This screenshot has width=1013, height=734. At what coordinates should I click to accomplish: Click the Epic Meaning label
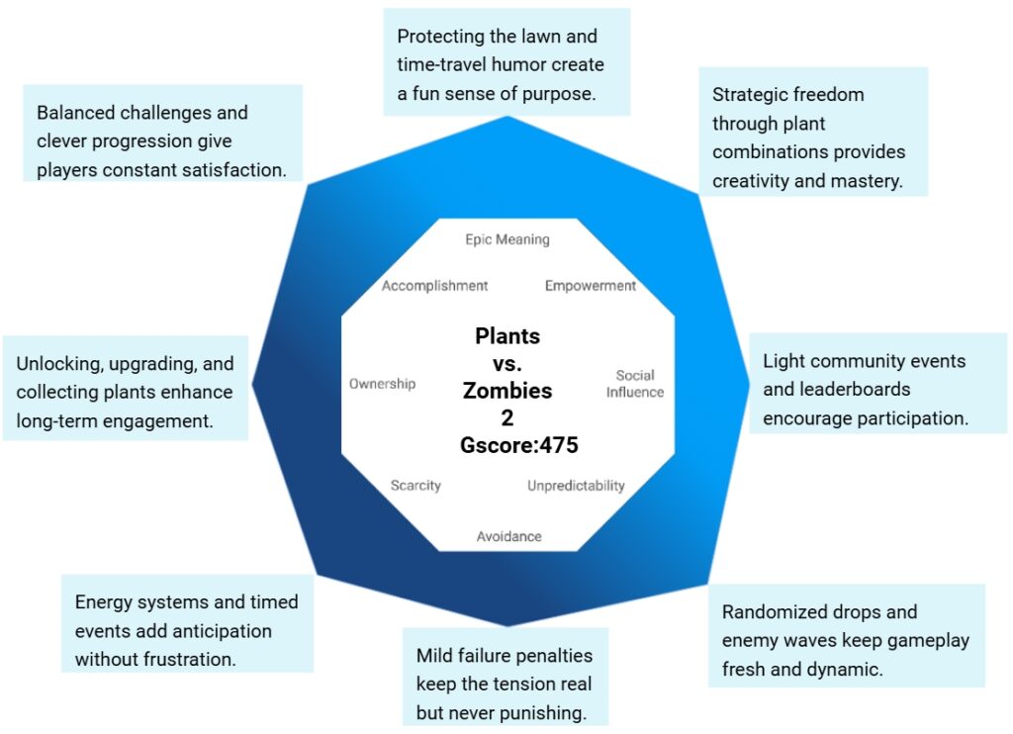tap(506, 239)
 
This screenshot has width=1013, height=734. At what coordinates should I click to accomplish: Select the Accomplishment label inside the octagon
tap(435, 286)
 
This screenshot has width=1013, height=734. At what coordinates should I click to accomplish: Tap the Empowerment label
tap(590, 286)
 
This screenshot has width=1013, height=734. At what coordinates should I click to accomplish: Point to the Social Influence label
tap(635, 384)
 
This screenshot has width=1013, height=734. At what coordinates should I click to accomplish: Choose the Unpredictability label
tap(576, 486)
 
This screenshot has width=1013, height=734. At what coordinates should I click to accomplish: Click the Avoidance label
tap(508, 536)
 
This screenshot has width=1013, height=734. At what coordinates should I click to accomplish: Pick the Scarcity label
tap(415, 486)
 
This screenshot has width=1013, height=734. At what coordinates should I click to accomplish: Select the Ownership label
tap(382, 384)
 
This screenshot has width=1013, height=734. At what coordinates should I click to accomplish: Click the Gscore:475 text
tap(518, 445)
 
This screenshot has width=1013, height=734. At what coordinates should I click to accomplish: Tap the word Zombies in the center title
tap(507, 391)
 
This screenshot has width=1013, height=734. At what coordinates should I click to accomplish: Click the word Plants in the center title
tap(507, 336)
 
